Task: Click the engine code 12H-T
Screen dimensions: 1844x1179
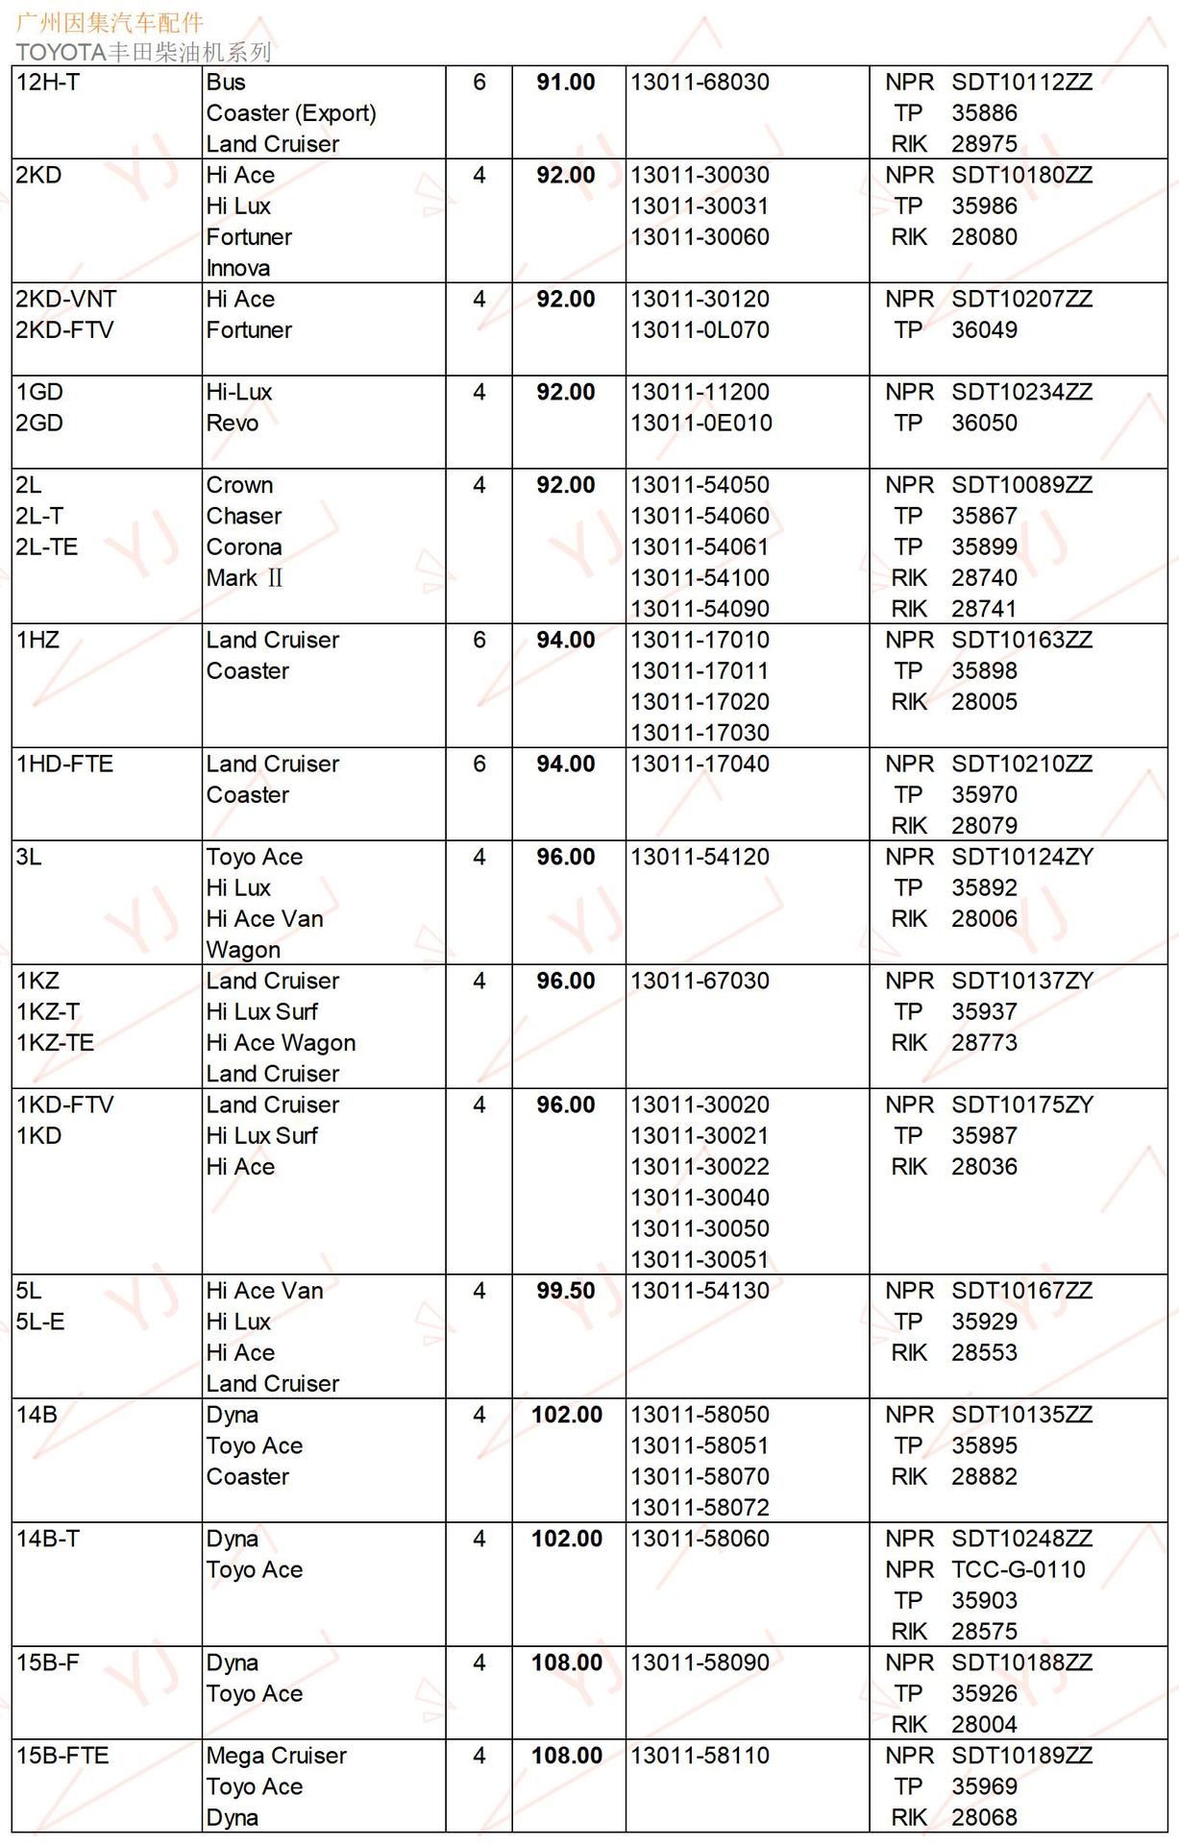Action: pos(48,83)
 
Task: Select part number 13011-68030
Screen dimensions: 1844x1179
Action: pos(700,83)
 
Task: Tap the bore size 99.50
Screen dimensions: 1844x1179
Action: pos(566,1291)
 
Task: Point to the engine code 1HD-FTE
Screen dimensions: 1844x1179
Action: pos(64,764)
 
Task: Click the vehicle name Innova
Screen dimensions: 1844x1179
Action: pos(238,268)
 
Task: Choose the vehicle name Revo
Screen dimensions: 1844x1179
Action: pos(233,424)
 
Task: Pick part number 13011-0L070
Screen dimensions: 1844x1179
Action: pos(700,330)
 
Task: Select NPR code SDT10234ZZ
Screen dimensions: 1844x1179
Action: pos(1021,392)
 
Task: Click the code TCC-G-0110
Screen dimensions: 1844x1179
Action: pos(1018,1569)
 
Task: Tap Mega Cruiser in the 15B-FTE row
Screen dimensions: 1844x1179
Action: pos(276,1756)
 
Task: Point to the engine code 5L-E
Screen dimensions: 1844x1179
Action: pos(40,1322)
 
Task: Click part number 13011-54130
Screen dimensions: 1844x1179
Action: pos(700,1291)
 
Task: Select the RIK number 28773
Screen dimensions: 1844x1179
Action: pos(984,1043)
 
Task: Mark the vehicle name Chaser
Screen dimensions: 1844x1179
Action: pos(244,516)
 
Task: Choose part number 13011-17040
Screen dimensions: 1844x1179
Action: pos(700,764)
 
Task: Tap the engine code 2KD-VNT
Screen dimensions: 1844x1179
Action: pos(66,299)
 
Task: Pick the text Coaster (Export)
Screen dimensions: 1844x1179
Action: pos(291,113)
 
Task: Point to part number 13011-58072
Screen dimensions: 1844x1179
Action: pos(700,1508)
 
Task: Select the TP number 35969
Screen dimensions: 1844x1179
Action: pos(984,1786)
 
